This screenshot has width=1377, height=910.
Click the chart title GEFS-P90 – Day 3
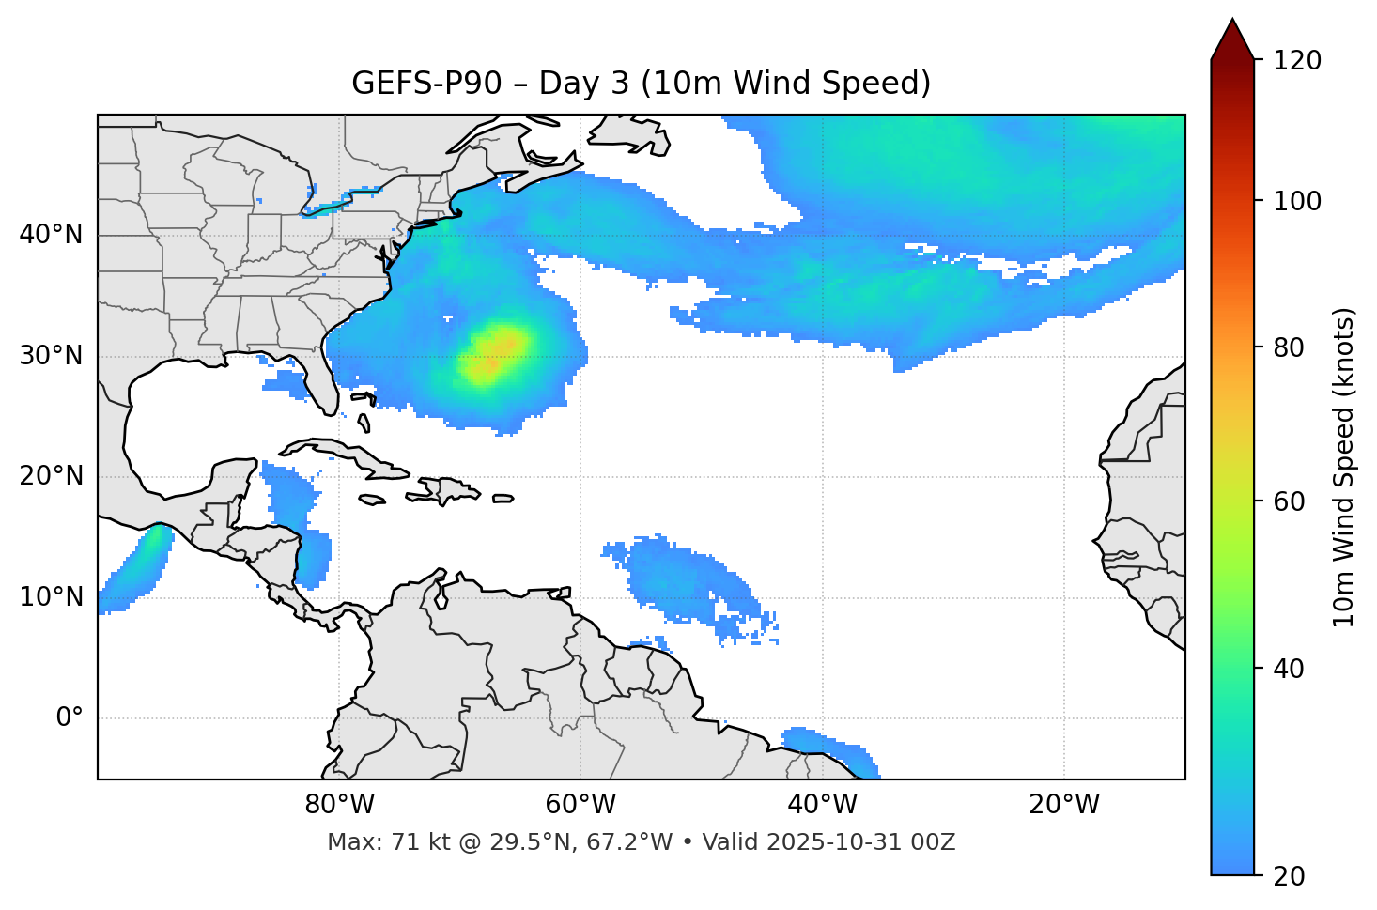(x=641, y=84)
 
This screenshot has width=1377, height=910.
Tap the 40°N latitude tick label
(x=51, y=235)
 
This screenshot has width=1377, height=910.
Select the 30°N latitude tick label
(x=51, y=356)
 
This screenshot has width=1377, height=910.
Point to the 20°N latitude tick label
(x=51, y=476)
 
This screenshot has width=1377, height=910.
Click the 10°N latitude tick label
(x=51, y=597)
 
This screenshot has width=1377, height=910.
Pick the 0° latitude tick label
(x=69, y=718)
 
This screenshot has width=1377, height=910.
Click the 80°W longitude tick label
(x=339, y=805)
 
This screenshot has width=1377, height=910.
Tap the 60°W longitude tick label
(x=580, y=805)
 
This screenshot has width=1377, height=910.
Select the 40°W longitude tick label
(x=822, y=805)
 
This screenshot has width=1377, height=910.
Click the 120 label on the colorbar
(x=1296, y=61)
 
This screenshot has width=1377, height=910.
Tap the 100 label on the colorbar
(x=1296, y=201)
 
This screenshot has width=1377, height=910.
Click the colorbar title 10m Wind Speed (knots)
(x=1344, y=467)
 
